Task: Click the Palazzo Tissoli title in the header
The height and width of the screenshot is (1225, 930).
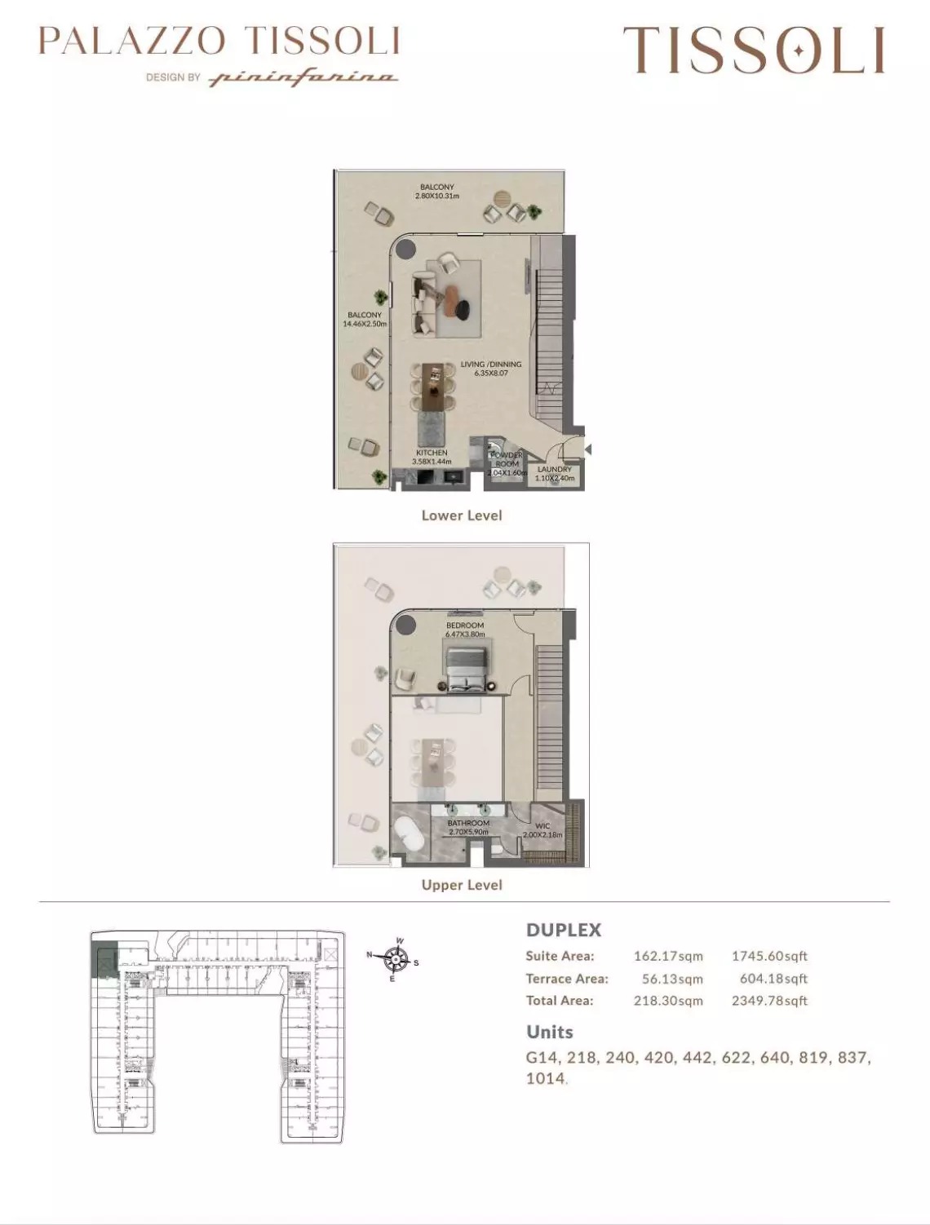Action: point(219,41)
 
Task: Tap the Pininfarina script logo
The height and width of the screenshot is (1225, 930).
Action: point(303,78)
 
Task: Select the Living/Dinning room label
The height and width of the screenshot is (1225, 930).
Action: point(490,365)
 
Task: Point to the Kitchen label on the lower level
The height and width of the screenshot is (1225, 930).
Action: point(432,453)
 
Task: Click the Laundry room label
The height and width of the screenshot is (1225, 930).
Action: point(555,470)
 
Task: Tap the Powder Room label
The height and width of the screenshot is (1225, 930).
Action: point(507,459)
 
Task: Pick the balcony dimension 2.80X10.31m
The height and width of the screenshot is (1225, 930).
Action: point(437,197)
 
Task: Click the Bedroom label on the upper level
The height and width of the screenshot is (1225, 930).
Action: point(465,626)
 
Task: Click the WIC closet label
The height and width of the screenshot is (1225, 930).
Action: point(543,826)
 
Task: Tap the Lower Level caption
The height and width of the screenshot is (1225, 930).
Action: point(462,515)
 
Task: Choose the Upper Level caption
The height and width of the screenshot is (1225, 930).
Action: point(462,885)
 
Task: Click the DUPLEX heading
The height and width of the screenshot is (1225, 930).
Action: point(564,930)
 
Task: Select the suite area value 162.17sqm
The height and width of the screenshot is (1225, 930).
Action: point(668,956)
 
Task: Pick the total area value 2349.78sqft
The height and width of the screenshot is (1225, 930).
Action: point(769,1001)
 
